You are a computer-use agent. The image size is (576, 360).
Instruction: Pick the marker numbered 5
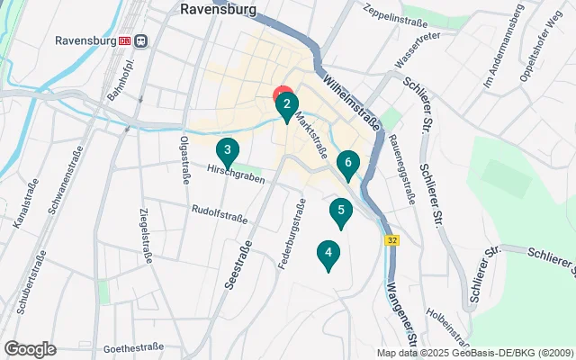pos(340,212)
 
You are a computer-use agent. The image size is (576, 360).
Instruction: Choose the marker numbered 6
pos(347,164)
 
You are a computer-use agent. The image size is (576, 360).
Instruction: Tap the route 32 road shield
pos(392,240)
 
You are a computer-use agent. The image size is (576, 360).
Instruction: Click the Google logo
pos(30,349)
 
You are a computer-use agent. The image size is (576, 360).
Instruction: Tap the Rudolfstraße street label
pos(219,211)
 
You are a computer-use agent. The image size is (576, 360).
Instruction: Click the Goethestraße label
pos(132,346)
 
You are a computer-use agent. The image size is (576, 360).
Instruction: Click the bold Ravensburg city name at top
pos(218,10)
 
